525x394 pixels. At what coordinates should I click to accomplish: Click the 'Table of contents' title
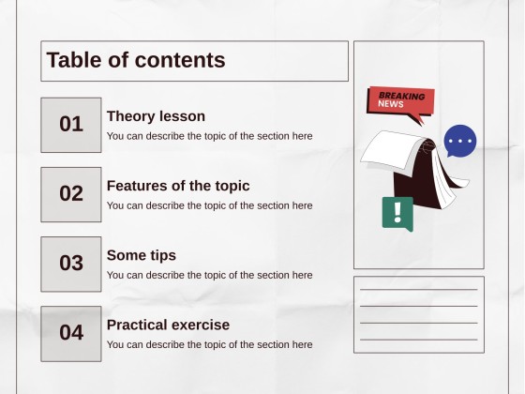(x=136, y=60)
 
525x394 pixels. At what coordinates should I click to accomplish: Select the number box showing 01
(x=71, y=124)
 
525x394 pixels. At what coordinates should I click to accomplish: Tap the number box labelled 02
(x=71, y=194)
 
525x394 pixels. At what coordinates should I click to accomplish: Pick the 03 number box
(x=71, y=264)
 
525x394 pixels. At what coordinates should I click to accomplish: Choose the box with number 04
(x=71, y=333)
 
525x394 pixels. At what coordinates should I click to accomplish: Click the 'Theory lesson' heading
(x=156, y=116)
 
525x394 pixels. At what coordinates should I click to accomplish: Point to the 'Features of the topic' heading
(x=178, y=186)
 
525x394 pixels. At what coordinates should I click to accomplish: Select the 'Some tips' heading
(x=142, y=255)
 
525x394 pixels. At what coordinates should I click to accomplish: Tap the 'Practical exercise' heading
(x=168, y=325)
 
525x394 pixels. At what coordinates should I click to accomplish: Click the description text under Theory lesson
(x=209, y=136)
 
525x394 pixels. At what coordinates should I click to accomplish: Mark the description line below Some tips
(x=209, y=275)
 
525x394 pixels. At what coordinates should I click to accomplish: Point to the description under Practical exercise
(x=209, y=344)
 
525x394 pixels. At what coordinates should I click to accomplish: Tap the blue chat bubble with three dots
(x=459, y=142)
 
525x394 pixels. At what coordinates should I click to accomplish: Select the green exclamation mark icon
(x=397, y=212)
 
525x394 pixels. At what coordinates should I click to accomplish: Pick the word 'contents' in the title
(x=180, y=60)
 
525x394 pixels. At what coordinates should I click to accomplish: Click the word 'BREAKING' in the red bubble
(x=401, y=96)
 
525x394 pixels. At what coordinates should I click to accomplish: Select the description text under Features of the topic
(x=209, y=205)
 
